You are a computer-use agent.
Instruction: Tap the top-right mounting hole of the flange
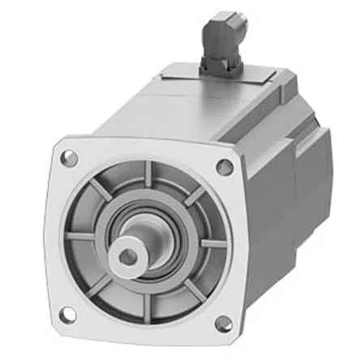click(x=225, y=167)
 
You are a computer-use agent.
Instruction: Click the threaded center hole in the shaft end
click(x=128, y=256)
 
